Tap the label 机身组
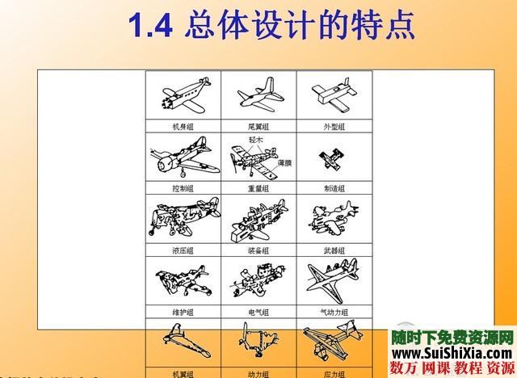(183, 127)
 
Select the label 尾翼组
(258, 127)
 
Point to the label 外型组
(333, 127)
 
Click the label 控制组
(183, 187)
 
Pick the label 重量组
(258, 187)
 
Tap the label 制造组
(333, 187)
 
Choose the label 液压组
(183, 250)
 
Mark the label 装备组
(258, 250)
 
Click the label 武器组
(333, 250)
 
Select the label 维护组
(183, 312)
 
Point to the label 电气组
(258, 312)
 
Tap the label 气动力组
(333, 312)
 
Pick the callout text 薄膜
(284, 162)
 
